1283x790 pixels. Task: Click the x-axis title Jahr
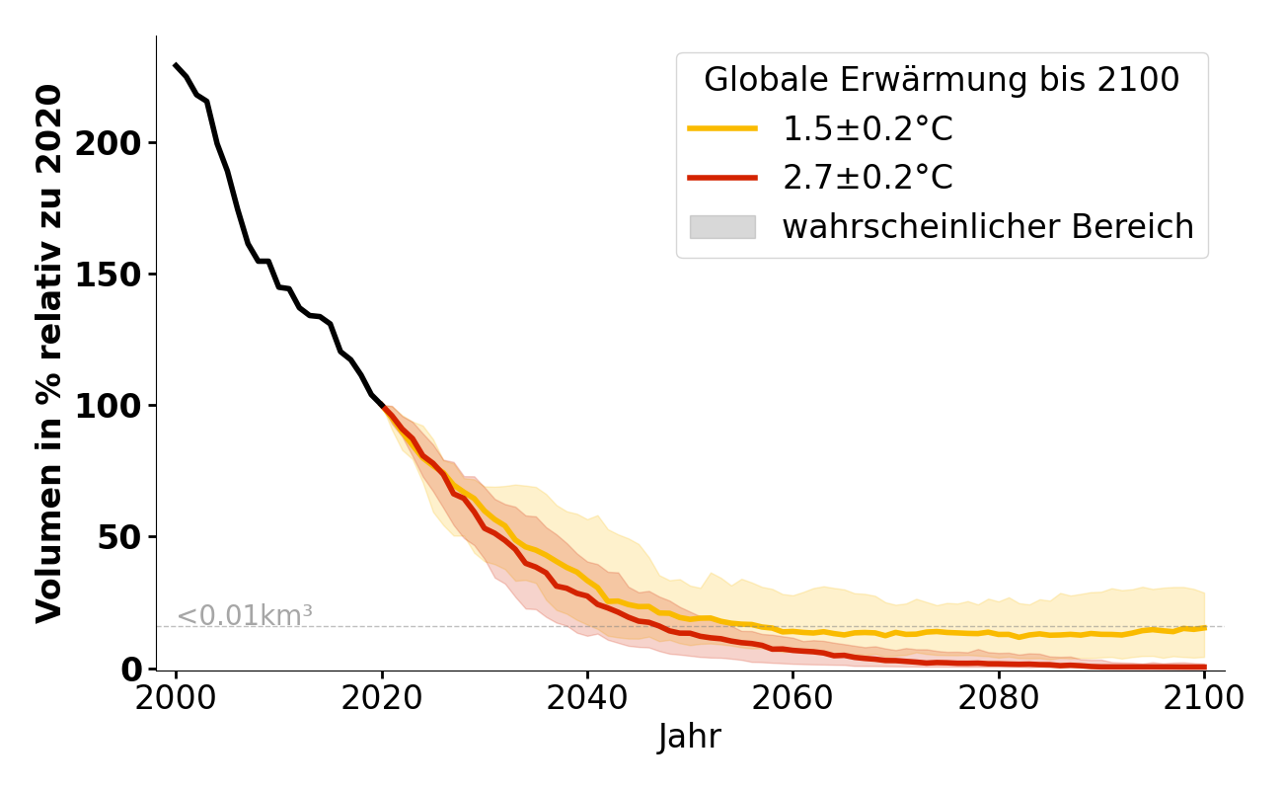690,737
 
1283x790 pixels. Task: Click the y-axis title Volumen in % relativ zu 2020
49,354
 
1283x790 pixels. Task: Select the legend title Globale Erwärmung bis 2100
942,80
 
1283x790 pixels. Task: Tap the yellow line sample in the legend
722,129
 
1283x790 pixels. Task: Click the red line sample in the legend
722,178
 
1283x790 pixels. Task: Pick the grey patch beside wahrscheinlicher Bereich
722,227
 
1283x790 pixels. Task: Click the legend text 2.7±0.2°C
868,178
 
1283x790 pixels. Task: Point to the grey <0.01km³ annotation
245,615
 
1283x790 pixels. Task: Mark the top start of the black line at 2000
176,65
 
